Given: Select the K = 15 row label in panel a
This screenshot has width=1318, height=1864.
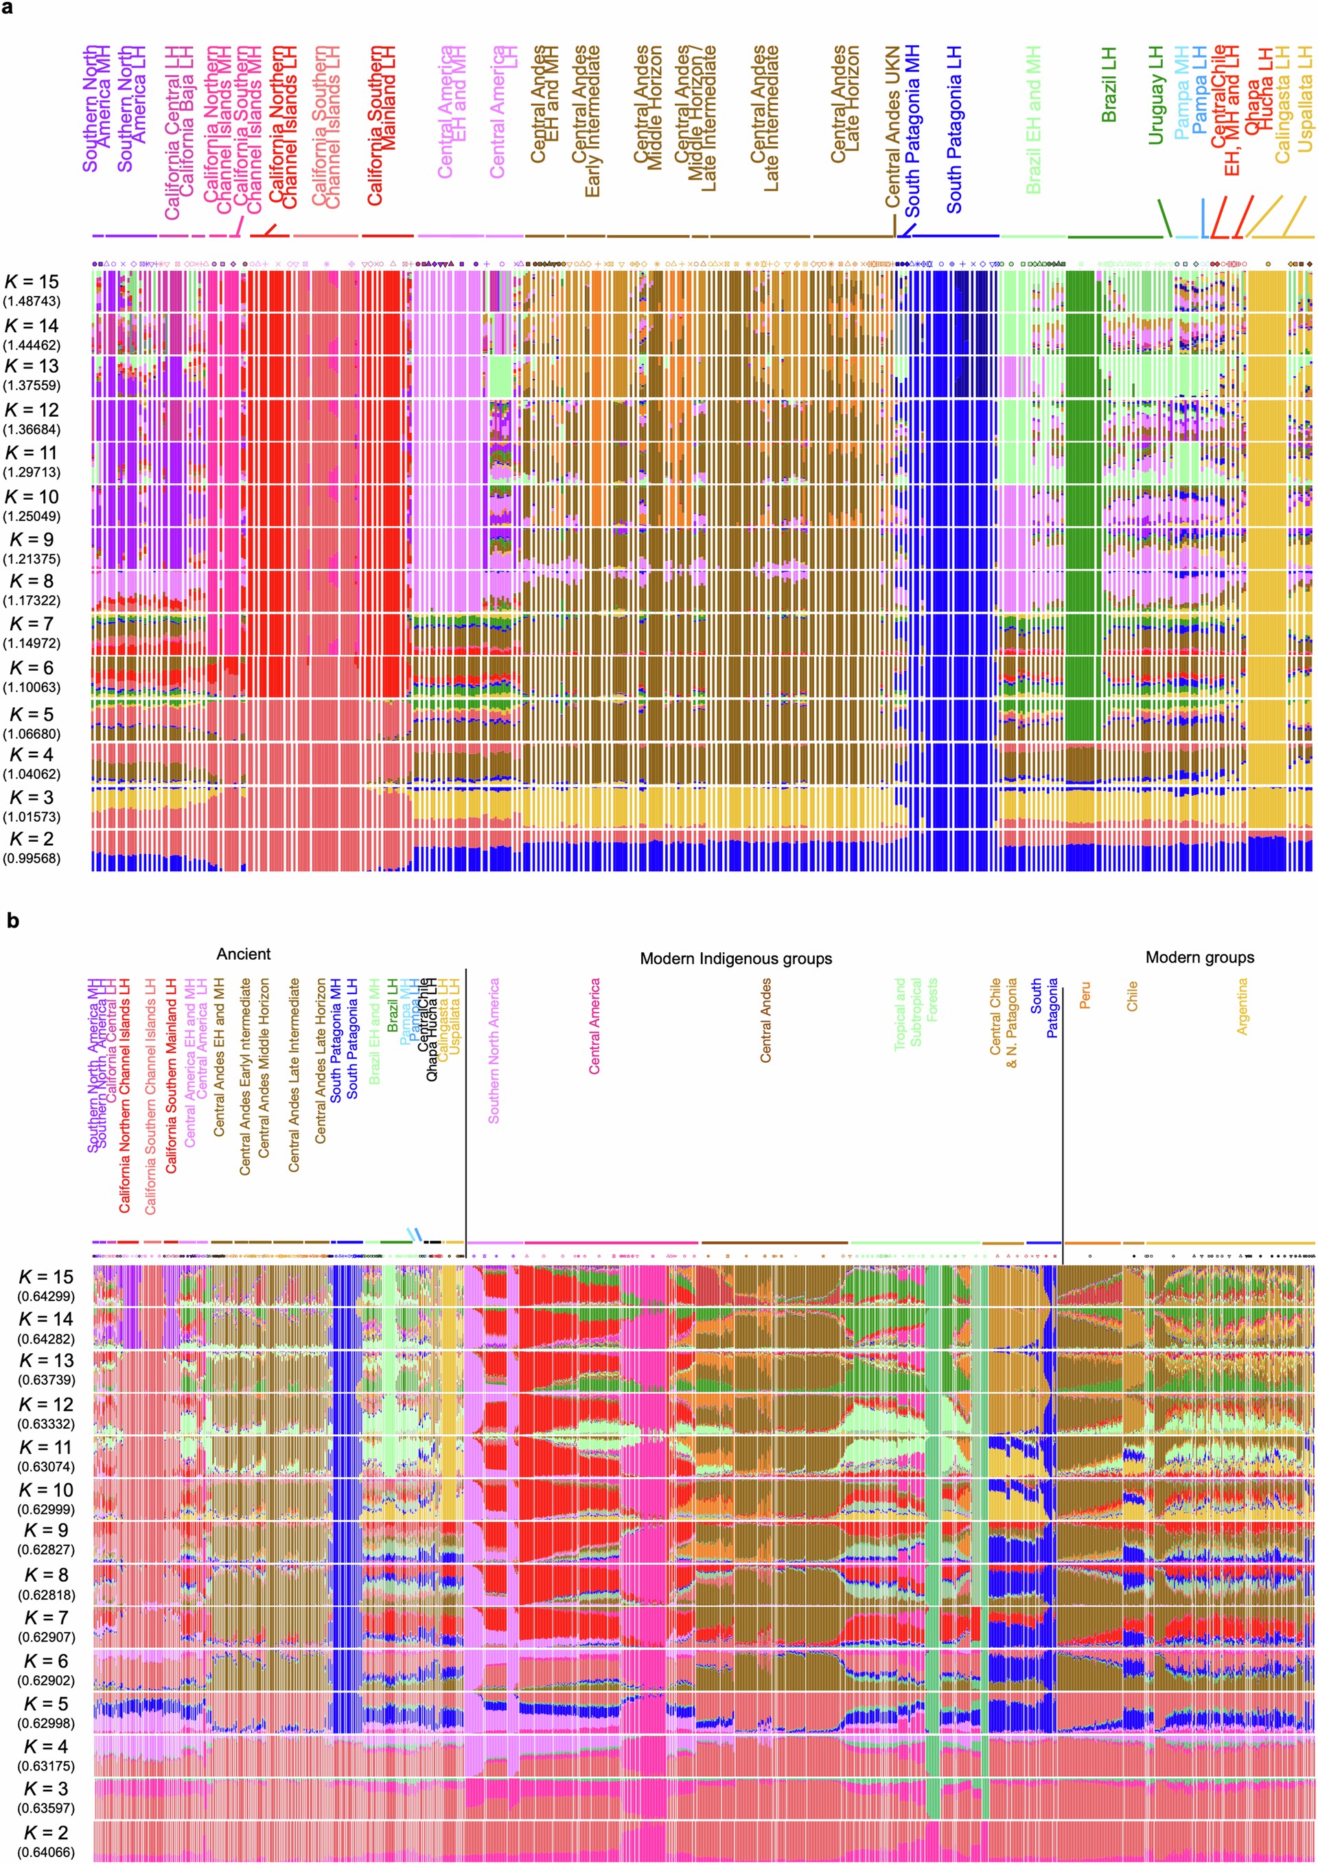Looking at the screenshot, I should coord(32,281).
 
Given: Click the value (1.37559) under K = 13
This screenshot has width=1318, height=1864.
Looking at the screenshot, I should coord(32,386).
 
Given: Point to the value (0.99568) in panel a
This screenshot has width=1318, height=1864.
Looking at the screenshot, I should coord(32,858).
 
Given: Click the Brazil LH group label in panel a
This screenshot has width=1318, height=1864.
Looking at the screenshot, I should coord(1109,85).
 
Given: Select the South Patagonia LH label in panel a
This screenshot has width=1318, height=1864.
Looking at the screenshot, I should coord(954,130).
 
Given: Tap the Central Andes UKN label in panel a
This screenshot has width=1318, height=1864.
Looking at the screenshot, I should coord(892,126).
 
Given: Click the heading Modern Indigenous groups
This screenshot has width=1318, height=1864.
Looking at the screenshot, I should coord(735,959).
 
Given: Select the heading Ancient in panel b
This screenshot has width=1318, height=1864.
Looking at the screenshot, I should coord(244,954).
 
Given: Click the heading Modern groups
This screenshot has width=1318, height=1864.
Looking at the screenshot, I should coord(1199,957).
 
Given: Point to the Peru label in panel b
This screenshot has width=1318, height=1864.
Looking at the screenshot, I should coord(1085,996).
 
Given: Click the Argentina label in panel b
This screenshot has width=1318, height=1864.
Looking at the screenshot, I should coord(1242,1006).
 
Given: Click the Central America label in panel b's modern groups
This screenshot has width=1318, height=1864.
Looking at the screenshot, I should coord(595,1026).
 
